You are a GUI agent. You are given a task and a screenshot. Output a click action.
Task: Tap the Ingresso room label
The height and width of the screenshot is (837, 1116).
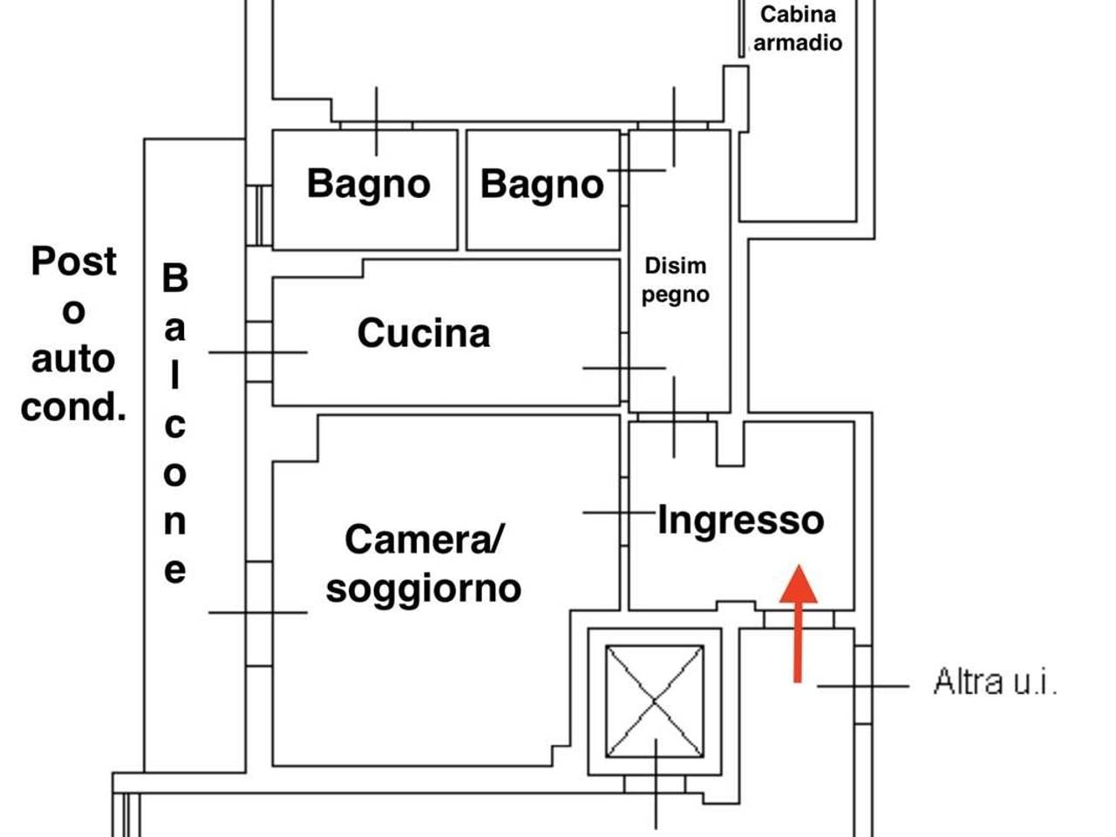point(740,520)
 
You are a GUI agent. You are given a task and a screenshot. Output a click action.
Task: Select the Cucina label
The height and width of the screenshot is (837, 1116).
point(424,333)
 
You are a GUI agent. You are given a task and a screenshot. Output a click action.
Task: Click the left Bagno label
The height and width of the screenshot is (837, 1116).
point(368,184)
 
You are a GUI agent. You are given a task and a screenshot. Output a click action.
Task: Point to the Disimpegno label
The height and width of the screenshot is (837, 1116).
point(675,280)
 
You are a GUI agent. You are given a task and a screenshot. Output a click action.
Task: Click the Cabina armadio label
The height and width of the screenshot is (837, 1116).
point(798,28)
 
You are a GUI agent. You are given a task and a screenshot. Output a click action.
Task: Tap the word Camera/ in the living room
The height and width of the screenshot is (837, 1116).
point(424,539)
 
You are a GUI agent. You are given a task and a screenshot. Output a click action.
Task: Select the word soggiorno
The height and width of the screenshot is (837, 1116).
point(424,589)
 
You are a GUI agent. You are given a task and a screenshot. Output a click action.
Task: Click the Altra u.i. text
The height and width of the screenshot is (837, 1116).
point(995,681)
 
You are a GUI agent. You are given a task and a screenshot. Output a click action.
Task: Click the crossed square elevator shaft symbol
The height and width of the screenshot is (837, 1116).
point(655,702)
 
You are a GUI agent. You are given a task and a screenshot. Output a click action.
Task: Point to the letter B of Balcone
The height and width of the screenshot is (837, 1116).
point(175,278)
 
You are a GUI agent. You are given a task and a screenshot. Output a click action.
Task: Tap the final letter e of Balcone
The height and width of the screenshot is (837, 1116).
point(175,570)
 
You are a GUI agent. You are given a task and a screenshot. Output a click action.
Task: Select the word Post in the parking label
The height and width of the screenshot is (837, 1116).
point(73,261)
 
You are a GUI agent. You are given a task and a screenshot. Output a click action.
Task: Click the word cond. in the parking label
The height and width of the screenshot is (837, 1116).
point(73,407)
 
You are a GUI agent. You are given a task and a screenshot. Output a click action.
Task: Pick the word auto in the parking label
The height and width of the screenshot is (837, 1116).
point(73,358)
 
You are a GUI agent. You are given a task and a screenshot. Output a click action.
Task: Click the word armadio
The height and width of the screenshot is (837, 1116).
point(798,43)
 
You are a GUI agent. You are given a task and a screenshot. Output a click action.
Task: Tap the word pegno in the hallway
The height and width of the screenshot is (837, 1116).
point(675,295)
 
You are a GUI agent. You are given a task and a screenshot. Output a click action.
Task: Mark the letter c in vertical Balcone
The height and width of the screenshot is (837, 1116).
point(175,425)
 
